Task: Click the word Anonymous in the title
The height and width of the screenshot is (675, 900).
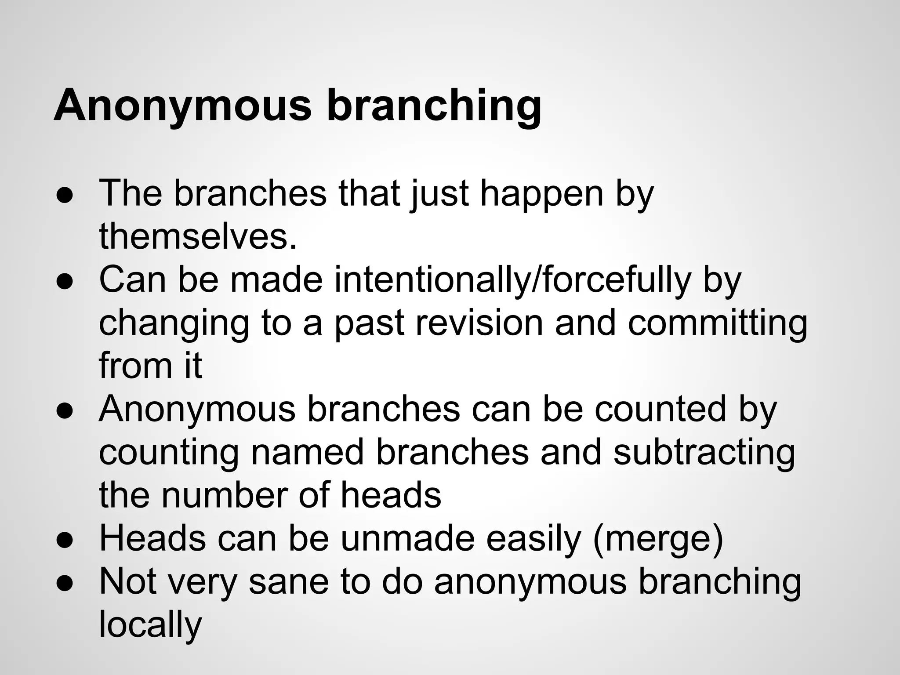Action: pos(182,105)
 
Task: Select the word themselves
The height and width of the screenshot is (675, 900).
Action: pos(198,236)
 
